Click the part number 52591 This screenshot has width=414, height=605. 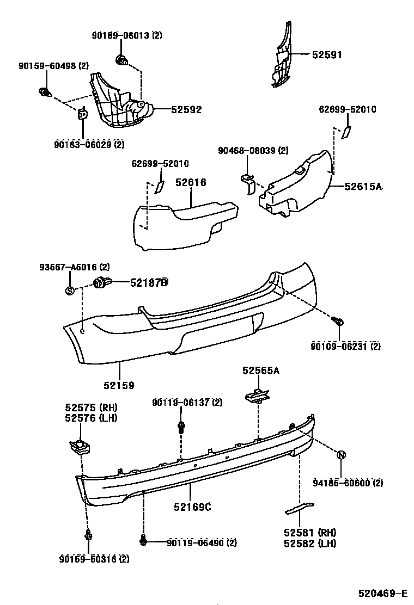point(327,55)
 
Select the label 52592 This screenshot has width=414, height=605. point(186,109)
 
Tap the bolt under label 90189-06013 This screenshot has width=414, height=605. point(121,60)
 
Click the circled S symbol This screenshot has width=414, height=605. point(70,290)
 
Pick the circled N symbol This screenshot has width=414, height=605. point(342,455)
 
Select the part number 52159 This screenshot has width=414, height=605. point(119,385)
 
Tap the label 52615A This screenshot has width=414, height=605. point(363,187)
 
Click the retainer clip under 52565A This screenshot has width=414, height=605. point(257,396)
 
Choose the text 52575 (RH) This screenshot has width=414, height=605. point(91,408)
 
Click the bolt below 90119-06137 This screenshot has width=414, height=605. point(180,427)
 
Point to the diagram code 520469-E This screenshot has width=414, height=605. point(382,592)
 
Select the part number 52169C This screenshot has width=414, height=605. point(192,507)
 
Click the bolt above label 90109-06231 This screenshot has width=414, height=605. point(337,323)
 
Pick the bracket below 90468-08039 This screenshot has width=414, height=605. point(248,183)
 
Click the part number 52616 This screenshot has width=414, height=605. point(191,182)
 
